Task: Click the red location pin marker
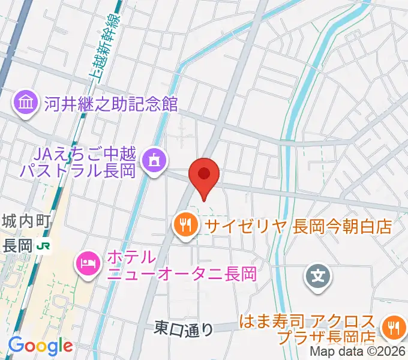tap(204, 175)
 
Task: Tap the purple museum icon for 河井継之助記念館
tap(26, 103)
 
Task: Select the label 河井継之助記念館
tap(112, 103)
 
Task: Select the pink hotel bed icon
tap(88, 263)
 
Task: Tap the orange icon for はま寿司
tap(394, 328)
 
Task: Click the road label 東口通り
tap(184, 328)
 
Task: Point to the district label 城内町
tap(25, 221)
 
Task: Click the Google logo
tap(40, 346)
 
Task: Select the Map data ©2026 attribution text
tap(358, 353)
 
